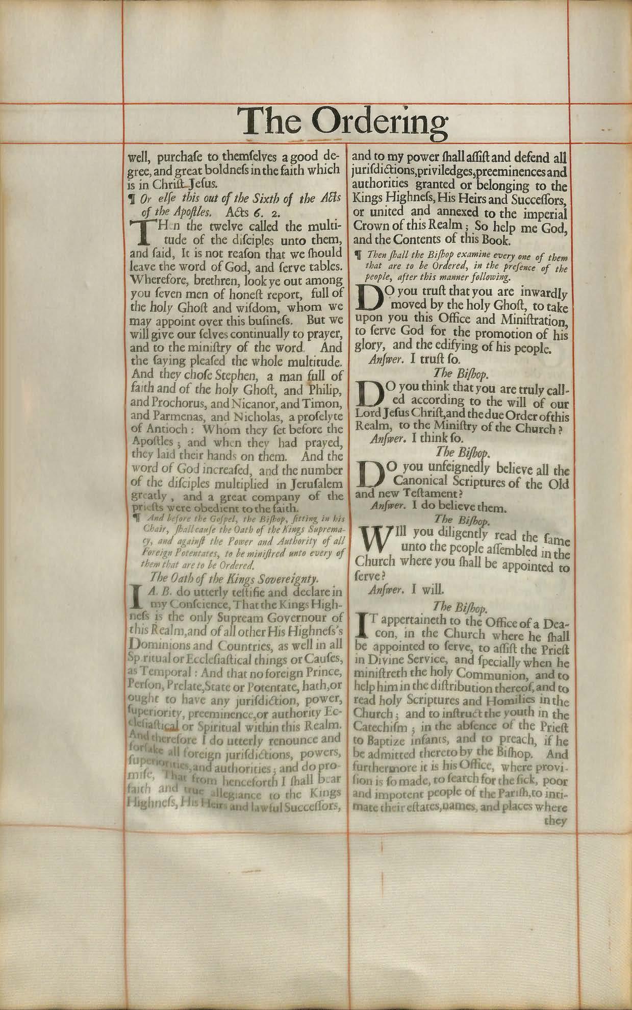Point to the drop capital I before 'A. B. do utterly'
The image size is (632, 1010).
pyautogui.click(x=136, y=598)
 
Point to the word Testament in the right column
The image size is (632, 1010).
pyautogui.click(x=430, y=494)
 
